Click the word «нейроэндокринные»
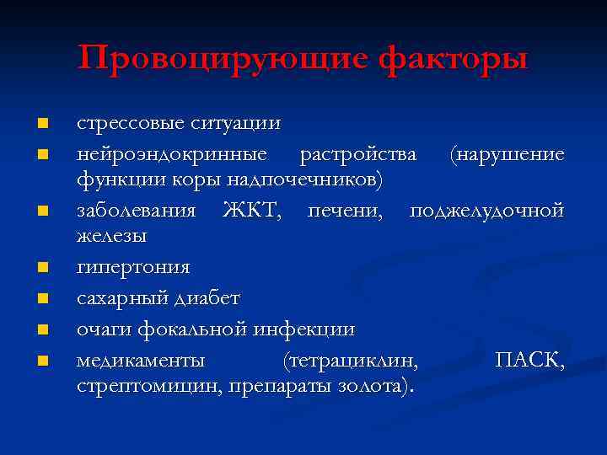click(173, 153)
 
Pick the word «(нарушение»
click(507, 153)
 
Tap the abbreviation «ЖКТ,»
click(253, 210)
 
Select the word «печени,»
click(349, 210)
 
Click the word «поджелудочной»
click(487, 210)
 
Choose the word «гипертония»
click(133, 268)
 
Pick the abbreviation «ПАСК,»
click(530, 360)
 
